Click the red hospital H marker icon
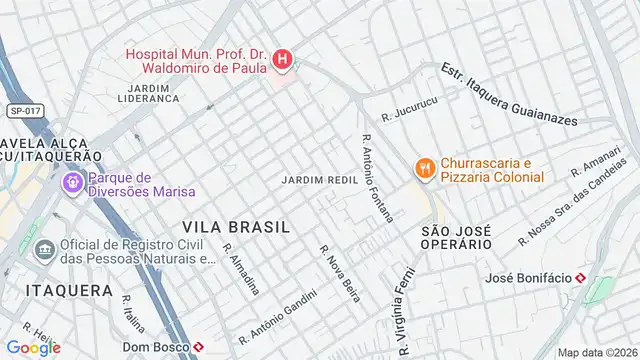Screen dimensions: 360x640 pos(283,61)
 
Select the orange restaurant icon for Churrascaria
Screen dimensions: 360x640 pos(425,169)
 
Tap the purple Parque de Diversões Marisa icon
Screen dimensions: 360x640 pos(72,183)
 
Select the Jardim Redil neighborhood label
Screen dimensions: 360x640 pos(321,178)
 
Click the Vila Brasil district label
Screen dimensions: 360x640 pos(236,227)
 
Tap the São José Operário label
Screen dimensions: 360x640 pos(456,237)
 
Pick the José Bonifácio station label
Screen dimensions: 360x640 pos(528,278)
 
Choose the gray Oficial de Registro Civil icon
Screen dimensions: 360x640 pos(44,249)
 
